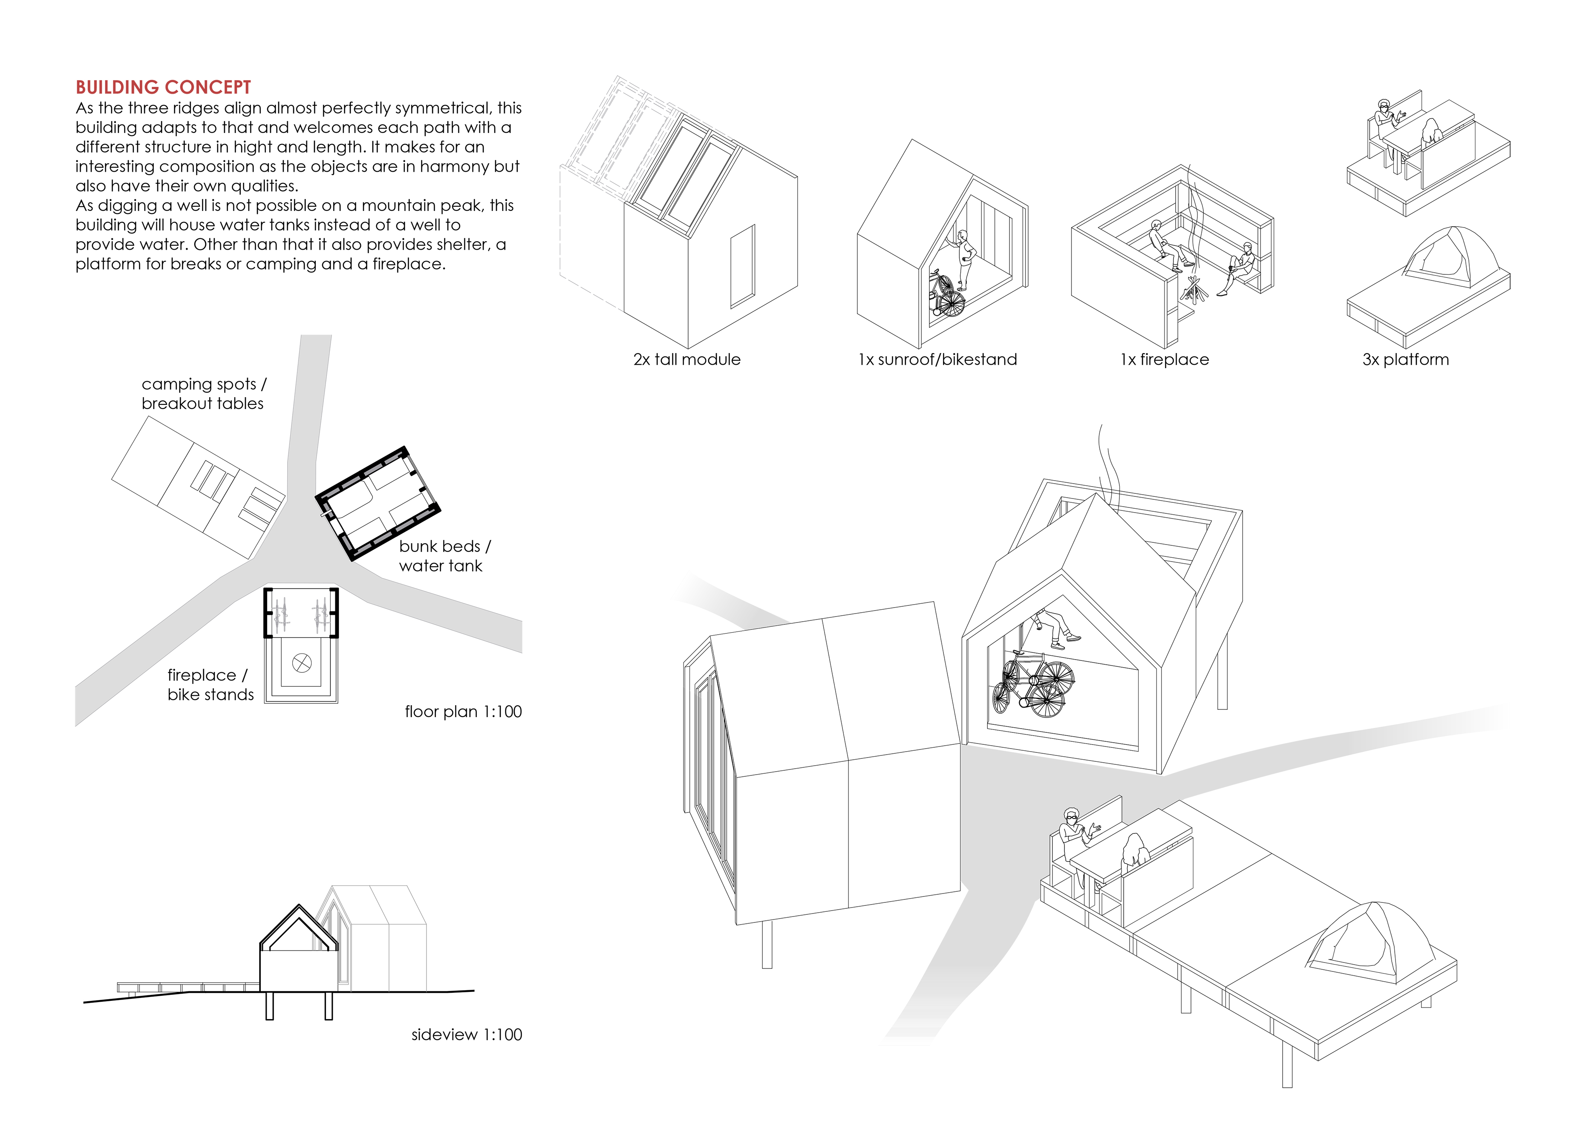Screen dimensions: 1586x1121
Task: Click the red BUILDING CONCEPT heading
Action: tap(163, 87)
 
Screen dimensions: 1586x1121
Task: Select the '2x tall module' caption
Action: tap(686, 359)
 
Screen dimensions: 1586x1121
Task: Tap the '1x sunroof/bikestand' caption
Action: tap(937, 359)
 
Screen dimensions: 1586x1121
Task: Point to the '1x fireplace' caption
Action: tap(1165, 359)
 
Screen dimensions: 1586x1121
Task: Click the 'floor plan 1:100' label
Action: tap(463, 712)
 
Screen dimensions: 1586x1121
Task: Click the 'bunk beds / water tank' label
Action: tap(444, 556)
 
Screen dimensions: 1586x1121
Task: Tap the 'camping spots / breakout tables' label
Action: tap(203, 394)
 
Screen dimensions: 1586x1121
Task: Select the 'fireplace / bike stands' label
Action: tap(210, 684)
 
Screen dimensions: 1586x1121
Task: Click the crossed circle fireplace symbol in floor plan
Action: tap(302, 663)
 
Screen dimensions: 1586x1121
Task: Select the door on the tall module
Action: tap(743, 266)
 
